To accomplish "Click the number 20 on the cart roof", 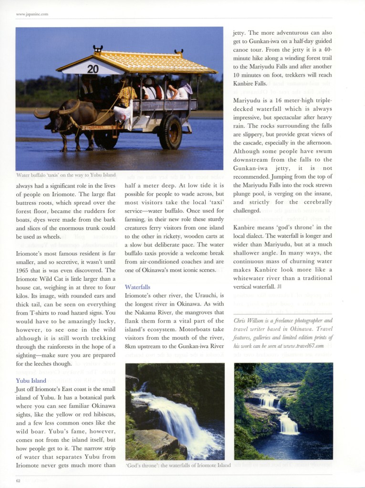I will (93, 69).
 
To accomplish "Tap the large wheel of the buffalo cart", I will (170, 132).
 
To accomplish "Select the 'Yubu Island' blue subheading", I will (31, 380).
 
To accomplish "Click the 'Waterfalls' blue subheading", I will (137, 287).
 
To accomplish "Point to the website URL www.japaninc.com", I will (32, 14).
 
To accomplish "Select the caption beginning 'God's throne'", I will (178, 465).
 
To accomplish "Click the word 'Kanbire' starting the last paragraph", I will (246, 227).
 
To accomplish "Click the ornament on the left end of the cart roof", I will (98, 49).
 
